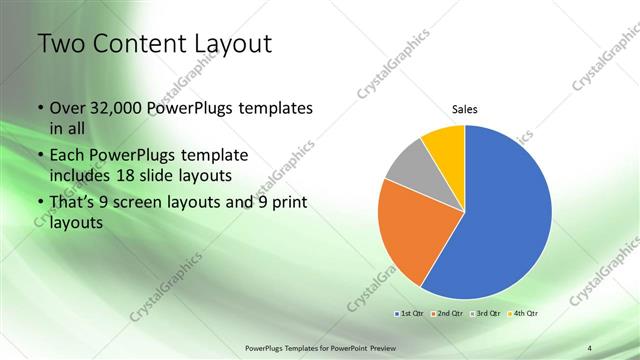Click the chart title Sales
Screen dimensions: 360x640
(465, 109)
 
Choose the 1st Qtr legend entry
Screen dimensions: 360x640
(410, 313)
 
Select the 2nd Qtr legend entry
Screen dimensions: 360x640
(448, 313)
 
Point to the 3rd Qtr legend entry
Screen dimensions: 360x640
(487, 313)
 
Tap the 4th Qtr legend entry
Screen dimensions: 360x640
(524, 313)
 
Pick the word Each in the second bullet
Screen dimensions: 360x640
(69, 156)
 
